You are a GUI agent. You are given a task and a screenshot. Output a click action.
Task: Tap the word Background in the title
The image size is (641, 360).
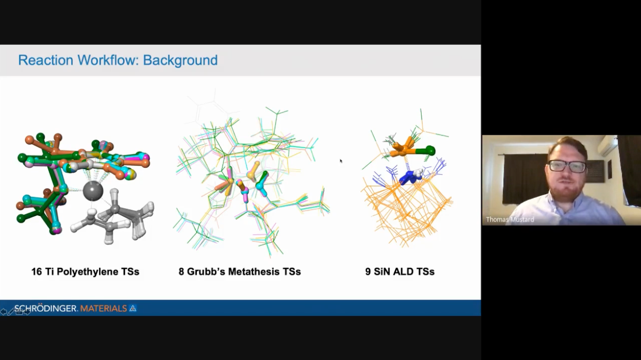[181, 61]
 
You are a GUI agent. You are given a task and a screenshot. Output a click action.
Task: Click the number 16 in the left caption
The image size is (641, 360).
[36, 272]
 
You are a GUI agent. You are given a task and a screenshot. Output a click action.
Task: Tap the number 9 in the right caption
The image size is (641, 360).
[368, 272]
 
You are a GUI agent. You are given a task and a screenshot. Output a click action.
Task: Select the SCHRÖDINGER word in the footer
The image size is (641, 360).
[46, 308]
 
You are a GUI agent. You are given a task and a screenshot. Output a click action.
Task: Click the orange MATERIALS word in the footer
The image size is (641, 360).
[104, 309]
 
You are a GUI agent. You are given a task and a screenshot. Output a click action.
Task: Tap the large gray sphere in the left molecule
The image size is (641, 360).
[93, 191]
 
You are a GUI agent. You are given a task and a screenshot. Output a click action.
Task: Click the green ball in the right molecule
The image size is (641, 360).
[430, 150]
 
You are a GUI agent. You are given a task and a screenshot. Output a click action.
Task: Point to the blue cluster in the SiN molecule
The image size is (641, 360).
[410, 177]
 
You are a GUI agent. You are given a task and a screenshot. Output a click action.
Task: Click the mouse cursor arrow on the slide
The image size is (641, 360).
[341, 161]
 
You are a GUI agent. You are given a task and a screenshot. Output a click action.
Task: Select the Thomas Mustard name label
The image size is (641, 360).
[510, 219]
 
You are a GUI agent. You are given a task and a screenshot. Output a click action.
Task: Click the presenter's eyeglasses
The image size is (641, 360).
[567, 166]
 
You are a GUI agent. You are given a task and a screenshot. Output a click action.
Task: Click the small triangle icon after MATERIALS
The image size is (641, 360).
[133, 308]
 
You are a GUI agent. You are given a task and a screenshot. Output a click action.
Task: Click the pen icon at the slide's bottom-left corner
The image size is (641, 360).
[11, 312]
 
